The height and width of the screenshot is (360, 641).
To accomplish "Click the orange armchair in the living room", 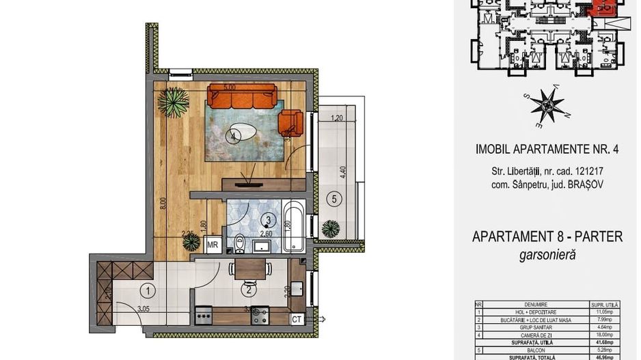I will [290, 122].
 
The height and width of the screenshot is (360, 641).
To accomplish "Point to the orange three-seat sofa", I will [242, 96].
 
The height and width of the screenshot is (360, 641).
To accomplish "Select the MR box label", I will [213, 245].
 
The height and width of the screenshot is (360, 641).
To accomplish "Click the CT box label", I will [297, 318].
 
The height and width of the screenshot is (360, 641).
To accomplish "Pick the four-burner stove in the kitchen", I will [260, 316].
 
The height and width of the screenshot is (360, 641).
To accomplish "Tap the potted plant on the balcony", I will [331, 227].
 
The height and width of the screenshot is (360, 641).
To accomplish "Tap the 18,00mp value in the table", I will [603, 335].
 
